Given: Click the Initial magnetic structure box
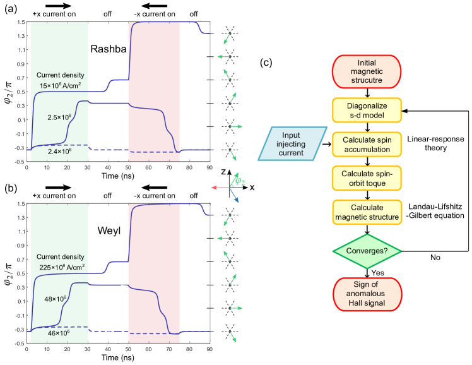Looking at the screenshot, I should [x=366, y=72].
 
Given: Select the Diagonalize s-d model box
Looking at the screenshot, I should [x=366, y=110].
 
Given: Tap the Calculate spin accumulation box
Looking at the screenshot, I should [x=366, y=144].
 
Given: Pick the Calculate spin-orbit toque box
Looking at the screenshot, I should [x=366, y=178].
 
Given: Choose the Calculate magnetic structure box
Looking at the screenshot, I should [x=366, y=212].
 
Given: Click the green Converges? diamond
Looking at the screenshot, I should [x=366, y=251].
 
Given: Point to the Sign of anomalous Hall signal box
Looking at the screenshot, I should [x=366, y=294].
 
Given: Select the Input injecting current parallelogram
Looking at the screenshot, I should [x=292, y=144].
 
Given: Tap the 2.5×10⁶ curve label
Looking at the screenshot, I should [x=59, y=117].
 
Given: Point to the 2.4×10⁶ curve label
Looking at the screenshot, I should [x=59, y=152].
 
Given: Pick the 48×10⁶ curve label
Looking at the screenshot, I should [x=55, y=298].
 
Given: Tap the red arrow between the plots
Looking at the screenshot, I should [x=219, y=188].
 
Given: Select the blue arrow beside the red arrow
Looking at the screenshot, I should [x=234, y=197].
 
